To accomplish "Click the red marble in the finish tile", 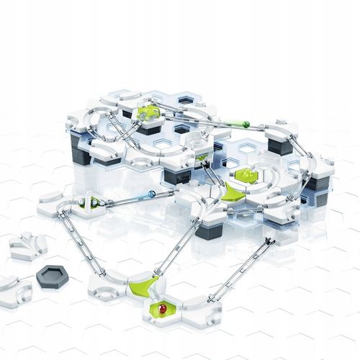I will (x=161, y=310).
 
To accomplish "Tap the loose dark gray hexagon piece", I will (x=53, y=274).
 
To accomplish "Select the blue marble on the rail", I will (x=151, y=194).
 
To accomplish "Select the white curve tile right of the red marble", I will (x=199, y=308).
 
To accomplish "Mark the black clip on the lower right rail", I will (x=269, y=240).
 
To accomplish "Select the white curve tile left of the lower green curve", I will (x=108, y=285).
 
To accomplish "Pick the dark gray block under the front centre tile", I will (x=209, y=232).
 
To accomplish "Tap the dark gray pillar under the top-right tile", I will (x=281, y=146).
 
